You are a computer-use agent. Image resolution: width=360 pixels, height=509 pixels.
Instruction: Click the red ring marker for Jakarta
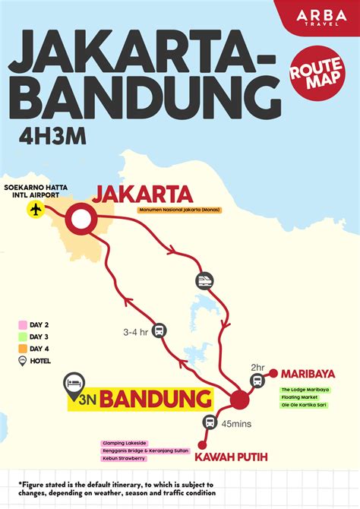(80, 220)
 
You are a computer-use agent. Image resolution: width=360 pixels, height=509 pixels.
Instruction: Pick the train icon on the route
(204, 280)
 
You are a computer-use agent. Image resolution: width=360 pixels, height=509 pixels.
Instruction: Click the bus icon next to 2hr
(257, 381)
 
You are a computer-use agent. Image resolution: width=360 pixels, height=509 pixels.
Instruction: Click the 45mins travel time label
(237, 424)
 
